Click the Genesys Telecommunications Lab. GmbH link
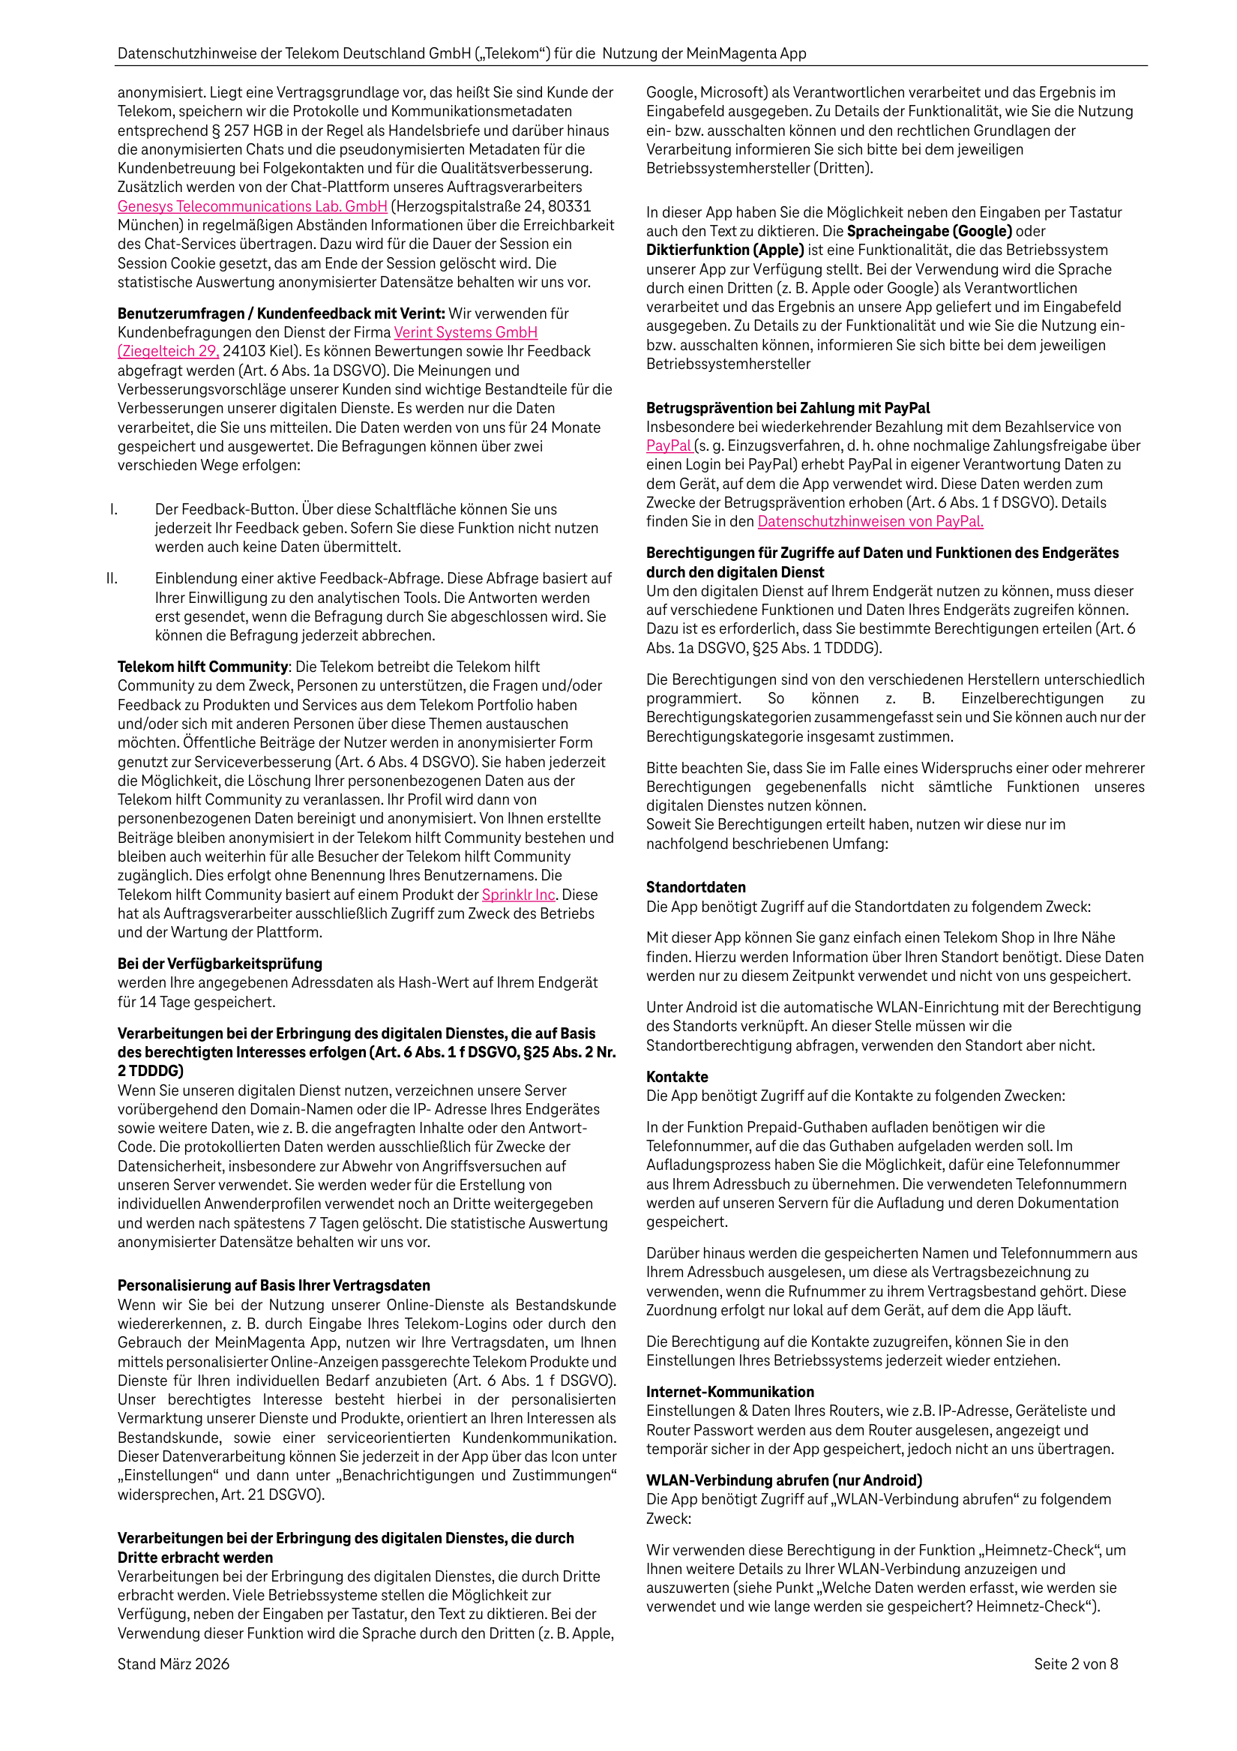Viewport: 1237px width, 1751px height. click(252, 206)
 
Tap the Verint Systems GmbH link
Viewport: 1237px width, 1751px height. click(466, 332)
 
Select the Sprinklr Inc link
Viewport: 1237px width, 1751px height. click(518, 895)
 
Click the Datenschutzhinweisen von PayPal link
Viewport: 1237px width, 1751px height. click(870, 522)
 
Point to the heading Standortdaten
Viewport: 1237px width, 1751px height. click(696, 887)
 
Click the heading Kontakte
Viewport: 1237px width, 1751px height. click(676, 1077)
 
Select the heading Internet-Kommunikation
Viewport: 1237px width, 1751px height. click(730, 1392)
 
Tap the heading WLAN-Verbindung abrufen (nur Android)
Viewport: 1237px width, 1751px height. click(784, 1480)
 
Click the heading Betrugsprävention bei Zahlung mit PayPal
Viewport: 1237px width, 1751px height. click(788, 408)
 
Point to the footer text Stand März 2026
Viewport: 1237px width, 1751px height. click(173, 1664)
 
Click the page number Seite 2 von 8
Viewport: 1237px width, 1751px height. click(1075, 1664)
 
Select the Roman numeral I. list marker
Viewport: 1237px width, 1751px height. click(114, 509)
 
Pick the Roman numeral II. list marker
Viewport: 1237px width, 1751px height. click(112, 579)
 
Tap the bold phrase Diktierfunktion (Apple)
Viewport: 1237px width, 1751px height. click(725, 250)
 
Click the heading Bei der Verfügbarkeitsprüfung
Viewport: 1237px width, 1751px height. click(220, 964)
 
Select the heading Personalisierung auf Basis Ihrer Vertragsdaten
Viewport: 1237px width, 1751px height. click(274, 1286)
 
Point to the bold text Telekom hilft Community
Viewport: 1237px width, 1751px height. click(203, 667)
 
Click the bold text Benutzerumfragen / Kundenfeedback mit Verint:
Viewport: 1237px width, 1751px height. click(280, 313)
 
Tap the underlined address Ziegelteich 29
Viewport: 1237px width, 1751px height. click(169, 352)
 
